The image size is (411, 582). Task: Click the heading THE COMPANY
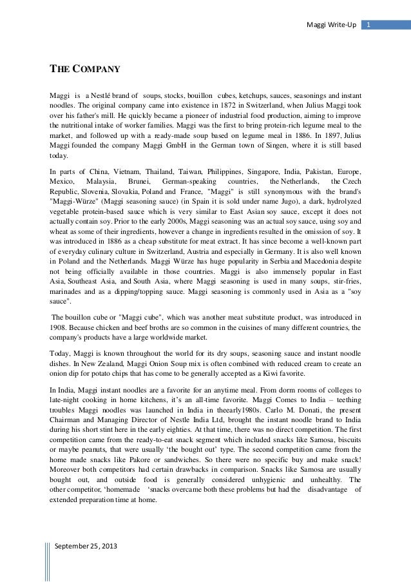pyautogui.click(x=82, y=68)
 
